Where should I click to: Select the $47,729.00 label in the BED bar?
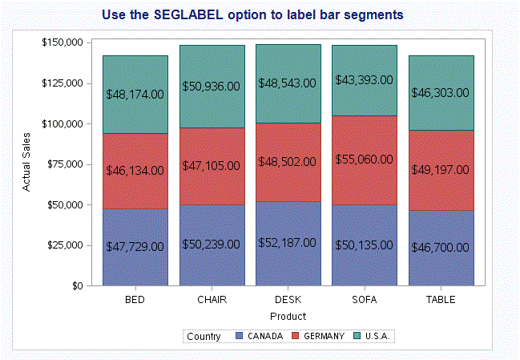click(135, 246)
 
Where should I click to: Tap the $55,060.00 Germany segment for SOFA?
click(364, 160)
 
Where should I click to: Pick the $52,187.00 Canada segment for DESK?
click(287, 242)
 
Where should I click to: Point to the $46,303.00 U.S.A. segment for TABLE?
click(440, 93)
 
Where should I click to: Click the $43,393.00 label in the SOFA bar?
click(364, 80)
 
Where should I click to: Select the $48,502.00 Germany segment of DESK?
click(287, 161)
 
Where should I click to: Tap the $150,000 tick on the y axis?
click(62, 42)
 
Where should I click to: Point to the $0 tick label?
click(74, 285)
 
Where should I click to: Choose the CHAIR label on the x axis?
click(212, 300)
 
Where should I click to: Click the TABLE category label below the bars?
click(440, 300)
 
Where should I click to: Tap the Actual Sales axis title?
click(26, 164)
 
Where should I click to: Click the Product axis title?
click(288, 316)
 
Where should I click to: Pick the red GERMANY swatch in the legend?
click(295, 336)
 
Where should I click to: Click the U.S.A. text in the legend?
click(377, 336)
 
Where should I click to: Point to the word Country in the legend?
click(204, 336)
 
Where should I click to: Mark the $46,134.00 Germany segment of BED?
click(135, 171)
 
